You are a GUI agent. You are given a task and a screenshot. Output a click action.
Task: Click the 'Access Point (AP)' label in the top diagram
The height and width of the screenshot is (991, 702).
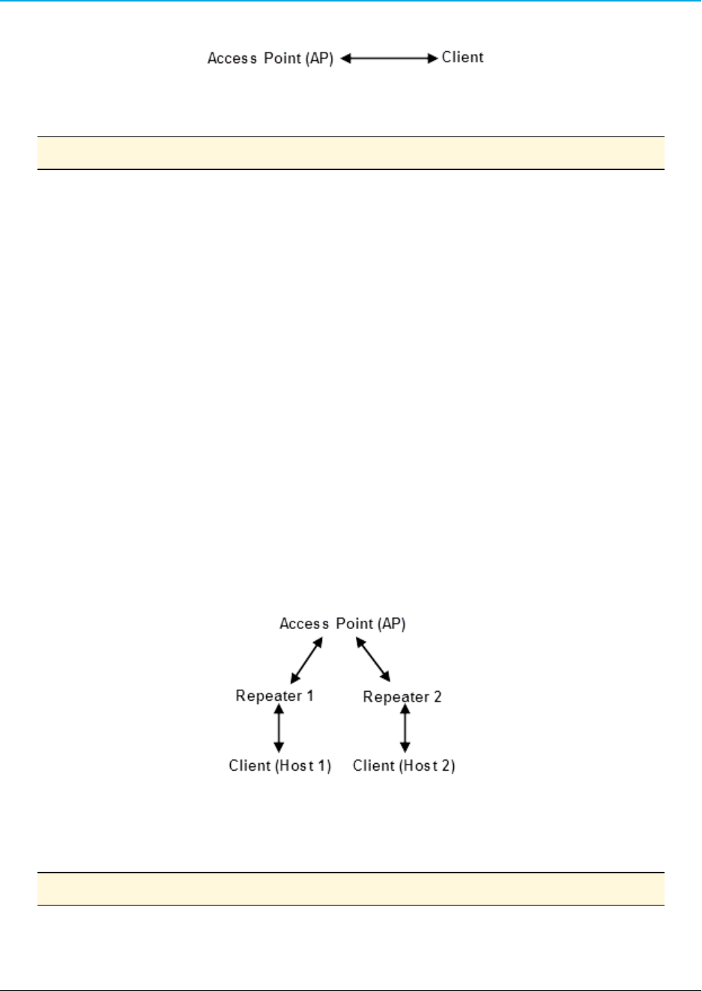tap(270, 58)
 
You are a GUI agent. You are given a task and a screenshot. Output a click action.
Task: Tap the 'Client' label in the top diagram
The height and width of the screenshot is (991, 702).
tap(462, 58)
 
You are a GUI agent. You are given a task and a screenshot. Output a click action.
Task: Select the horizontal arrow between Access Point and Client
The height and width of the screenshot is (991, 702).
tap(389, 58)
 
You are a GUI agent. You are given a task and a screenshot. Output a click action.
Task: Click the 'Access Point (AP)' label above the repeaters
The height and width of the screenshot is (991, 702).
tap(342, 624)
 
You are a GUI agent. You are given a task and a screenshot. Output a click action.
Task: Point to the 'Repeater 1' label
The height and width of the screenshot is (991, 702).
tap(274, 696)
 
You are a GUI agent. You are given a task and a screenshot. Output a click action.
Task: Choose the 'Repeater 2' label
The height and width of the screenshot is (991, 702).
tap(402, 697)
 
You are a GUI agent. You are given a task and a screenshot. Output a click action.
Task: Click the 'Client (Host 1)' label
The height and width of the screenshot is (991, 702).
tap(279, 765)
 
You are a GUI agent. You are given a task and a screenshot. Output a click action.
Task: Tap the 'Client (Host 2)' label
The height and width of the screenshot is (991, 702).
tap(404, 765)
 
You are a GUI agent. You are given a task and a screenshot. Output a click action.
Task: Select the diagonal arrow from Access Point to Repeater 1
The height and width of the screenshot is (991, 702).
tap(306, 659)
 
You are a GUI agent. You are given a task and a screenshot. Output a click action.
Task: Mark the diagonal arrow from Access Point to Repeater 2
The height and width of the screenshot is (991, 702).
tap(373, 660)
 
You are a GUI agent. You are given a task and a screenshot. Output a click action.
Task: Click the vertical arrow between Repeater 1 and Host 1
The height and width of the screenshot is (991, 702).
tap(279, 728)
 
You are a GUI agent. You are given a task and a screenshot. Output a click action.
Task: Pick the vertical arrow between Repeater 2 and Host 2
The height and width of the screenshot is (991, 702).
tap(405, 728)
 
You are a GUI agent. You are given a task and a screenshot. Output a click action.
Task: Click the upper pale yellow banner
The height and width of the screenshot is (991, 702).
tap(351, 153)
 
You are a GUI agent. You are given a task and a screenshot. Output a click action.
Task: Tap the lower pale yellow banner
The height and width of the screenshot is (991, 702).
tap(351, 888)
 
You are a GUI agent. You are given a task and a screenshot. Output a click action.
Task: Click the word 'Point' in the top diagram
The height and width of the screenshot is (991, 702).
tap(282, 58)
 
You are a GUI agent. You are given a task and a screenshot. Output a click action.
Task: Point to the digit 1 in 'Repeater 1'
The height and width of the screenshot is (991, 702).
tap(309, 696)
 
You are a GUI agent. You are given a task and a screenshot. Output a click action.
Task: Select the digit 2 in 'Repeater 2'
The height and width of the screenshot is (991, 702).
tap(438, 697)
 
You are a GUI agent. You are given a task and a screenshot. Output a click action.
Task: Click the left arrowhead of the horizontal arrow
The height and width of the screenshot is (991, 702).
tap(346, 58)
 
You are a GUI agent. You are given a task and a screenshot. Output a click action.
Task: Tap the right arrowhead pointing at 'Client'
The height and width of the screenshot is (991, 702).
tap(433, 58)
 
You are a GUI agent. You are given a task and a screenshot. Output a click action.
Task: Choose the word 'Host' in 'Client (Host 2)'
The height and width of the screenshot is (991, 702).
tap(420, 765)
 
